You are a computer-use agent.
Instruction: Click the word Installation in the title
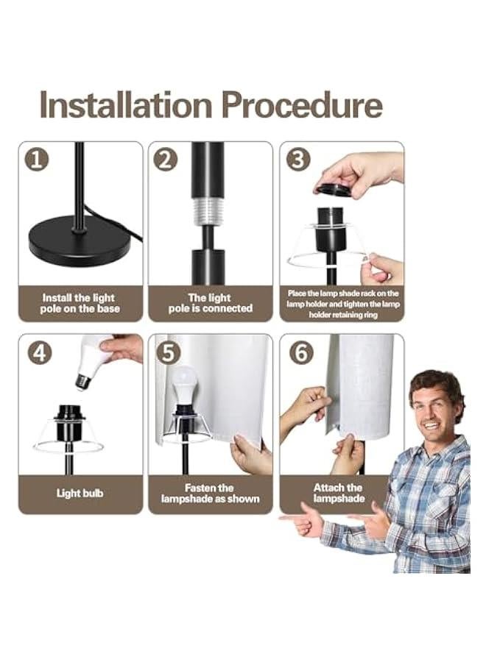(x=125, y=104)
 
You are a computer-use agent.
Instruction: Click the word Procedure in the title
(x=302, y=104)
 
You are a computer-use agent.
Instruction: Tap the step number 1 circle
(x=37, y=160)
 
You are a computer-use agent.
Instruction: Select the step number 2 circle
(x=166, y=160)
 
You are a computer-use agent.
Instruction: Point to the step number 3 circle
(x=298, y=160)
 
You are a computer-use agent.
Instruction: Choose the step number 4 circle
(x=40, y=352)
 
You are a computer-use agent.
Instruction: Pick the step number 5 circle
(x=168, y=352)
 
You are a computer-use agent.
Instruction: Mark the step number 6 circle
(x=301, y=352)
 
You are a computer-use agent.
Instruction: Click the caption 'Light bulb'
(x=80, y=493)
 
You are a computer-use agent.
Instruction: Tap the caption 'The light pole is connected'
(x=210, y=303)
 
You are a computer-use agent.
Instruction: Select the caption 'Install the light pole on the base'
(x=80, y=303)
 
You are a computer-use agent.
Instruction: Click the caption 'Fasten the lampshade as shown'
(x=210, y=493)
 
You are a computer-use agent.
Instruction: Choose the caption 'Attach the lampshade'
(x=339, y=493)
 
